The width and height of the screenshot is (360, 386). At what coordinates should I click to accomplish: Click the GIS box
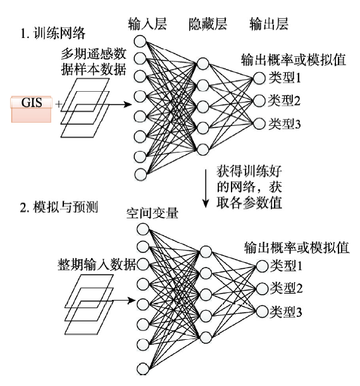click(x=31, y=109)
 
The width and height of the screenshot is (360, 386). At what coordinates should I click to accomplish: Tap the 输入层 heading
click(x=147, y=24)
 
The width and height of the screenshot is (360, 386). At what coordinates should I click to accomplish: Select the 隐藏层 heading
click(x=208, y=24)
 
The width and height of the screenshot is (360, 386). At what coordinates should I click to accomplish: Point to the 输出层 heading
click(x=268, y=24)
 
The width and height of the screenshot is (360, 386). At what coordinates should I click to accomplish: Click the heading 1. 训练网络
click(x=53, y=34)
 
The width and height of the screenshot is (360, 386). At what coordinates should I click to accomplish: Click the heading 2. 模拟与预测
click(x=59, y=207)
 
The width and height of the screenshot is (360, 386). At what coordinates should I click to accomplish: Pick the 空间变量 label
click(x=152, y=213)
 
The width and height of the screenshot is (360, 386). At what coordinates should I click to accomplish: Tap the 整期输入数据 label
click(x=96, y=265)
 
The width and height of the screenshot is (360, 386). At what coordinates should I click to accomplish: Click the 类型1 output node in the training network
click(x=259, y=78)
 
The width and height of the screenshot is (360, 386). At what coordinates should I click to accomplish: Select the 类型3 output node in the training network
click(x=259, y=123)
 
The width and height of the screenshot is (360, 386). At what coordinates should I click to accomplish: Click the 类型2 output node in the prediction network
click(x=262, y=289)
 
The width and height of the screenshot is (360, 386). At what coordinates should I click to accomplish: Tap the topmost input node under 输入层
click(x=140, y=41)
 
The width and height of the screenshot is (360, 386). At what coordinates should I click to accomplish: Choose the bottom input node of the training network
click(x=140, y=174)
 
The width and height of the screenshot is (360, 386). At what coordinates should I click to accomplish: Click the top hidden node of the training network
click(x=202, y=64)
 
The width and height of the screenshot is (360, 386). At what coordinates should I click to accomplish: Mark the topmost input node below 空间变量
click(x=143, y=230)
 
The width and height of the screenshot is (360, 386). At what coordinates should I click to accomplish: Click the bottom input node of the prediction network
click(x=143, y=368)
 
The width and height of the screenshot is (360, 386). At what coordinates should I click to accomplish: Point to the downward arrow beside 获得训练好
click(x=206, y=189)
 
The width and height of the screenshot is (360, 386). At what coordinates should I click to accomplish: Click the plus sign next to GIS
click(x=59, y=104)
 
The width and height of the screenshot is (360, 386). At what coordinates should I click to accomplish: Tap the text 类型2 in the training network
click(x=284, y=101)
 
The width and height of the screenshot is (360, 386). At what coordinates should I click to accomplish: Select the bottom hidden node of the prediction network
click(x=206, y=337)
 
